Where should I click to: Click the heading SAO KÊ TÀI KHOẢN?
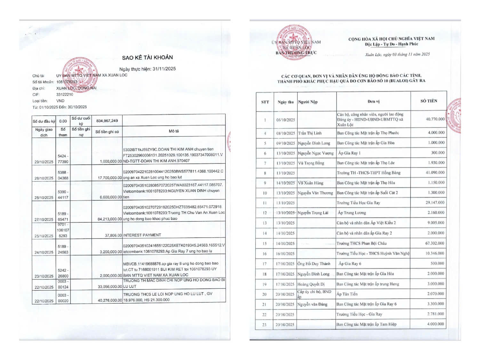tap(147, 58)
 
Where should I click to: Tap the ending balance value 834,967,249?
tap(107, 121)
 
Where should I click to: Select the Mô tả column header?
tap(174, 131)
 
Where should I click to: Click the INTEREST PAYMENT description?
tap(142, 235)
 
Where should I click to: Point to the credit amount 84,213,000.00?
tap(109, 219)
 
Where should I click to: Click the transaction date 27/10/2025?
tap(44, 220)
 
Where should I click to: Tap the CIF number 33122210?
tap(65, 95)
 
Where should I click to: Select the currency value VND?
tap(60, 101)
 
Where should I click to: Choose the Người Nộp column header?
tap(308, 102)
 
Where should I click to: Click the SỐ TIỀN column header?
tap(428, 101)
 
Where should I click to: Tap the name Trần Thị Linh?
tap(310, 133)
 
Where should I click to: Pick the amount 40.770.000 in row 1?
tap(435, 119)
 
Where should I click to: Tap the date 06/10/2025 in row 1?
tap(285, 120)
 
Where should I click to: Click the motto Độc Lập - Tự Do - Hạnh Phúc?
tap(391, 44)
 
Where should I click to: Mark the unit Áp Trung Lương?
tap(352, 213)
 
